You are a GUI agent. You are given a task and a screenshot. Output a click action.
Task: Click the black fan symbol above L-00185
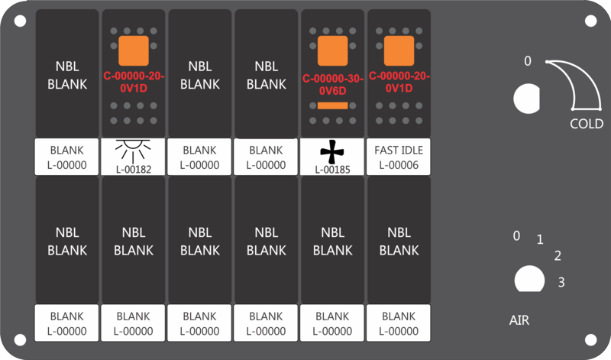click(332, 153)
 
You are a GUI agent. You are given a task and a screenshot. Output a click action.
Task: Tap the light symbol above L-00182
click(133, 151)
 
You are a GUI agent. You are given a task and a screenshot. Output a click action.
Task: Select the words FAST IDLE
click(399, 150)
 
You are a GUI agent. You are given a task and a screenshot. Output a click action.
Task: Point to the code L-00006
click(399, 165)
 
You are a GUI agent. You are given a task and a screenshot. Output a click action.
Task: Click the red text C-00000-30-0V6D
click(333, 85)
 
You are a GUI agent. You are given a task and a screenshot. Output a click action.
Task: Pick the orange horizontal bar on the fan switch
click(332, 105)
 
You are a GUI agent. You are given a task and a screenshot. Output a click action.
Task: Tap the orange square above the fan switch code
click(333, 51)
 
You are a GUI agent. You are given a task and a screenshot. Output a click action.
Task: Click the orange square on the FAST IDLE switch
click(399, 51)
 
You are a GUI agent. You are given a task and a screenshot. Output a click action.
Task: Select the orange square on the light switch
click(134, 51)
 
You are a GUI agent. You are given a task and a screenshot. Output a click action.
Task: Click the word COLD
click(587, 124)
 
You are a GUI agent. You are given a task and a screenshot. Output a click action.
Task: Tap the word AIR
click(519, 320)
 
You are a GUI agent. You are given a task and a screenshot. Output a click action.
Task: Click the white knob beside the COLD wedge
click(526, 99)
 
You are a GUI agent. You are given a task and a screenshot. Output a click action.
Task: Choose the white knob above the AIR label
click(529, 279)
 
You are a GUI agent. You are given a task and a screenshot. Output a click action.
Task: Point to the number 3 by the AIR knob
click(561, 282)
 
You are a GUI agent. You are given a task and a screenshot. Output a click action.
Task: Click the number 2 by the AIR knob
click(558, 256)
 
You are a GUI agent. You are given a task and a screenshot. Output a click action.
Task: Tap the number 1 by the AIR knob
click(540, 239)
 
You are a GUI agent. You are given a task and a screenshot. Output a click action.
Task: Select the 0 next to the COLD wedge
click(528, 61)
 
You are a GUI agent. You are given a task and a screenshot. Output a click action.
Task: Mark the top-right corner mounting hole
click(590, 21)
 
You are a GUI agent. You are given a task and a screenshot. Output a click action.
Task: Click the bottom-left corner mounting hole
click(21, 339)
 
